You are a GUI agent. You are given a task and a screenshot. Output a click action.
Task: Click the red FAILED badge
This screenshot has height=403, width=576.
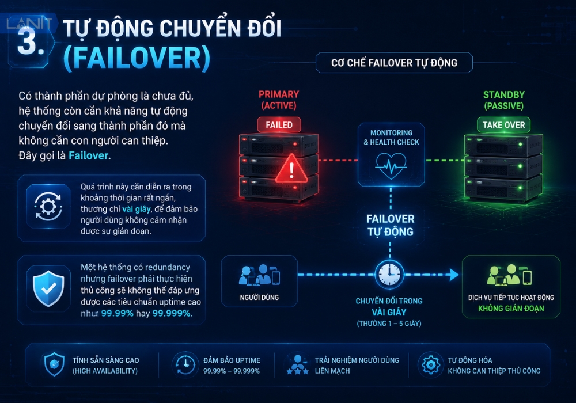click(279, 125)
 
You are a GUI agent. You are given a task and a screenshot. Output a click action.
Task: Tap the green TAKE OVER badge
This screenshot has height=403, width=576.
click(503, 125)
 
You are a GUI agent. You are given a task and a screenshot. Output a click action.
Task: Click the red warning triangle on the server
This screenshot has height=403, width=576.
click(291, 169)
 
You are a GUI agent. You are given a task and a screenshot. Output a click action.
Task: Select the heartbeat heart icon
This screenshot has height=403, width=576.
click(391, 166)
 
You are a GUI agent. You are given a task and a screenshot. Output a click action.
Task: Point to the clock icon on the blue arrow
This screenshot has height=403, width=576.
click(389, 274)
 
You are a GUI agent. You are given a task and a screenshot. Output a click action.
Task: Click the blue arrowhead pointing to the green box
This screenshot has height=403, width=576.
click(454, 275)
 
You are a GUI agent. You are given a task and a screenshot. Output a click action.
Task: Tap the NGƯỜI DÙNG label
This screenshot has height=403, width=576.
click(259, 298)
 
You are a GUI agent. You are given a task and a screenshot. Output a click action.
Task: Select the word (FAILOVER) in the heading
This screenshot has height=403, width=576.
click(137, 58)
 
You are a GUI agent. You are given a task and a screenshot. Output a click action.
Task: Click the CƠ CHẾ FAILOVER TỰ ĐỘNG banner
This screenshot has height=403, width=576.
click(394, 63)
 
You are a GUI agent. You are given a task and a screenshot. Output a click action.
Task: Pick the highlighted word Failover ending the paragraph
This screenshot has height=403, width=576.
click(89, 155)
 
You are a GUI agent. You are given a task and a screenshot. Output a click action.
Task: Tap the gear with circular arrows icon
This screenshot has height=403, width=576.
click(48, 207)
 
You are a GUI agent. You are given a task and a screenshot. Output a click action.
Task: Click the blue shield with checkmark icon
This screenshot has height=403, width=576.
click(48, 288)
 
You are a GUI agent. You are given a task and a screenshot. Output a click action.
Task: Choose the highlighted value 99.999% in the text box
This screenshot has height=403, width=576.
click(172, 313)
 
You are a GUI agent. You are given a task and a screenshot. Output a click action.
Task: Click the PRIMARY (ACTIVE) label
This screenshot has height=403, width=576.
click(279, 100)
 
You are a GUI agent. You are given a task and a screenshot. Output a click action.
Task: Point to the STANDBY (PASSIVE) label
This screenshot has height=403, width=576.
click(504, 100)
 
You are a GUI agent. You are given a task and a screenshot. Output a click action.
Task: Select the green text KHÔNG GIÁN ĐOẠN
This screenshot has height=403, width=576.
click(511, 309)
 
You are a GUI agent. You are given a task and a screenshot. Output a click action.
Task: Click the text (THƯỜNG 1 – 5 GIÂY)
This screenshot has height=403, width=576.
click(389, 324)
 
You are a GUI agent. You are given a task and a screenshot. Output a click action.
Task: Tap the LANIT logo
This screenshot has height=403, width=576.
click(29, 23)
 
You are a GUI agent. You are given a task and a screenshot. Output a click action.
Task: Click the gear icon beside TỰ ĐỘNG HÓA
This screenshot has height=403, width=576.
click(430, 365)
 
